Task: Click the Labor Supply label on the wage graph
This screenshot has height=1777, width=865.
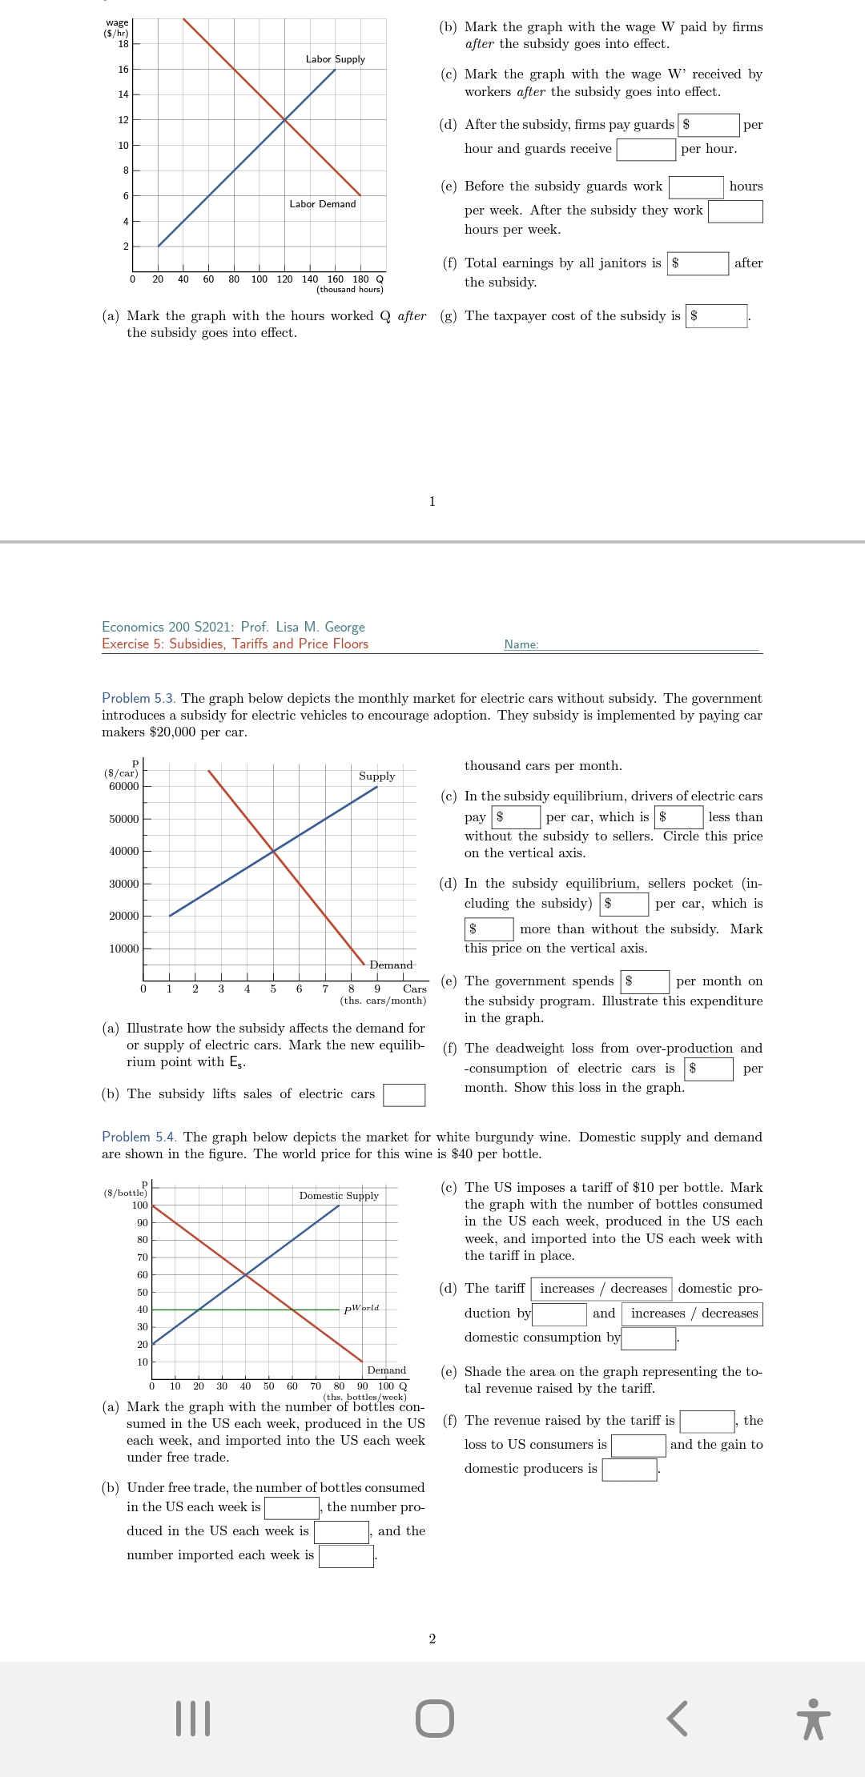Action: tap(335, 59)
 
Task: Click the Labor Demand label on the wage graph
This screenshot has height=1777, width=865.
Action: tap(322, 204)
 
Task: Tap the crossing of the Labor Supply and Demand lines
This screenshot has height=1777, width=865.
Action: tap(285, 120)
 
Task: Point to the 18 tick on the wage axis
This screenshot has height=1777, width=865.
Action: tap(124, 43)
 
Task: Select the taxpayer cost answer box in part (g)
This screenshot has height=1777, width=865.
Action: tap(717, 316)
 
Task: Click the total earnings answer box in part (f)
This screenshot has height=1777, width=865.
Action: tap(698, 263)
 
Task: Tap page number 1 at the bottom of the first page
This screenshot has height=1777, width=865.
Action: tap(432, 502)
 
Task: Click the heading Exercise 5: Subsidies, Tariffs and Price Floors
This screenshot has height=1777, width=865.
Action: tap(235, 644)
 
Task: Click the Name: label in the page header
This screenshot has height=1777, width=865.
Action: tap(521, 644)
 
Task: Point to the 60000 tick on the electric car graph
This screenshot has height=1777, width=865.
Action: tap(124, 786)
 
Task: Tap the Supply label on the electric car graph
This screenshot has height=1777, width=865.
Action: tap(376, 776)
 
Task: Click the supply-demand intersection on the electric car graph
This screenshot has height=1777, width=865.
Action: tap(273, 851)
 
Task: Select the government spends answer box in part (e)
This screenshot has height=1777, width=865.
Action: tap(646, 981)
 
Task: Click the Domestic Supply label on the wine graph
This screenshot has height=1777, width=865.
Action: tap(339, 1196)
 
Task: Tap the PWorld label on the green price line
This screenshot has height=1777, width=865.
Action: tap(361, 1309)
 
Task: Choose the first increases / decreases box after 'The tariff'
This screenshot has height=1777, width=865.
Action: tap(601, 1289)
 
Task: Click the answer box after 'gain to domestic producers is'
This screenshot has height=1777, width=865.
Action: tap(630, 1470)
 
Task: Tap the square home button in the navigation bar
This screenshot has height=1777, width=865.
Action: tap(435, 1719)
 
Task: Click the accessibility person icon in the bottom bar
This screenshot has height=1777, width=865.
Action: tap(814, 1719)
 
